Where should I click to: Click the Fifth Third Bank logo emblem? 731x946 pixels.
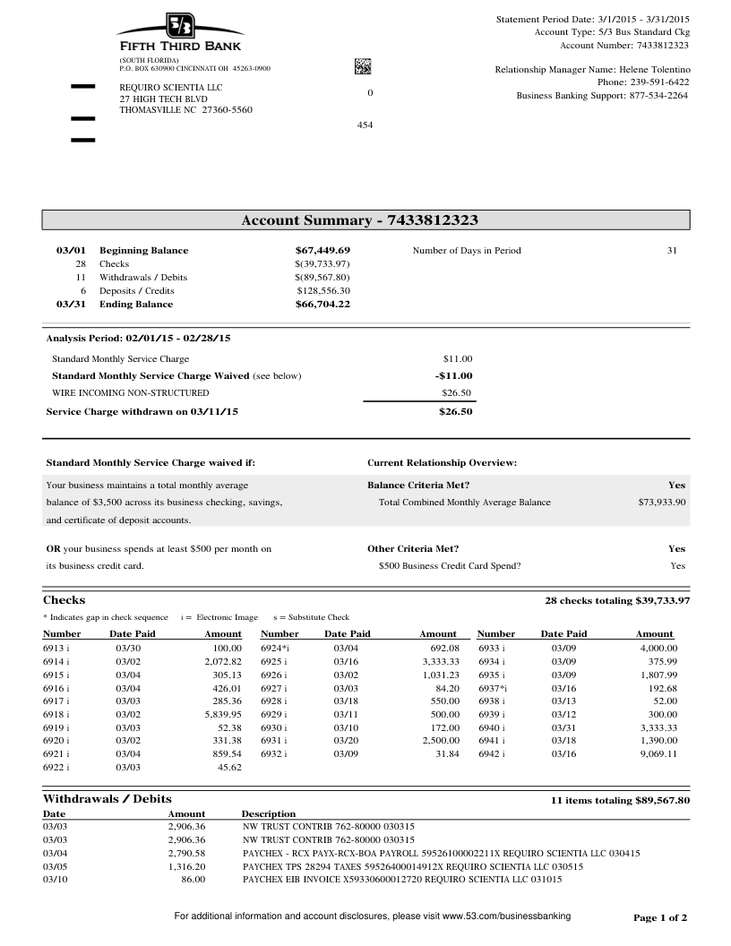[180, 27]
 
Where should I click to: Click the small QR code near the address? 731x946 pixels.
[363, 65]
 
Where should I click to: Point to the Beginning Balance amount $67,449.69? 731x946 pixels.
[322, 251]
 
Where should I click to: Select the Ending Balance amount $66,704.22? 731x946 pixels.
[322, 305]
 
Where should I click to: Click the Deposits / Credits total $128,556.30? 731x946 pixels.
[323, 291]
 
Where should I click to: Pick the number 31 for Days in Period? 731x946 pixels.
[672, 251]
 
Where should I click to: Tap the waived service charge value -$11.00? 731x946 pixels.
[453, 376]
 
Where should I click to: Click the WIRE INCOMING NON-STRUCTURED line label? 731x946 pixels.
[131, 393]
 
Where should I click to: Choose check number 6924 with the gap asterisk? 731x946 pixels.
[274, 647]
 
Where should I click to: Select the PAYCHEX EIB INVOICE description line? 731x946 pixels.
[402, 881]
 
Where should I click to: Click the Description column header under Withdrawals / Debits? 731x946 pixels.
[269, 813]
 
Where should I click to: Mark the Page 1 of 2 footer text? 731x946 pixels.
[660, 918]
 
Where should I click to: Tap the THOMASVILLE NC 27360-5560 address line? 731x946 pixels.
[185, 110]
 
